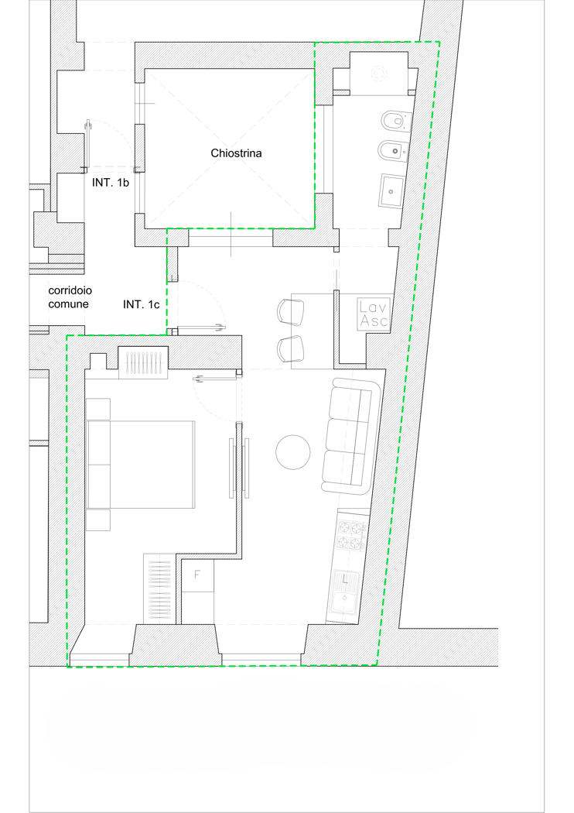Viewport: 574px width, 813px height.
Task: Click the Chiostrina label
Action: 236,153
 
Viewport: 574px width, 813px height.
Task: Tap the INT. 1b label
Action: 111,183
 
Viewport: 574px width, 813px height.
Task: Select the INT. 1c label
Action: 141,305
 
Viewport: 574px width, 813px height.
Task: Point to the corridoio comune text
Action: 70,297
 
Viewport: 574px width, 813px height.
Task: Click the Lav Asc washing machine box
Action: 373,314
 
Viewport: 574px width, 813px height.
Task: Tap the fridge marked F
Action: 196,575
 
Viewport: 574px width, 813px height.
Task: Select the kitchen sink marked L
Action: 344,596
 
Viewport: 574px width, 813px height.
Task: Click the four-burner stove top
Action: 350,537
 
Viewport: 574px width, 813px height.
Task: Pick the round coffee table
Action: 292,452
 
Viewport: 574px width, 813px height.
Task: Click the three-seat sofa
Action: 351,435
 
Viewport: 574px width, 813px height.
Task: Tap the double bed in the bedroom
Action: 141,464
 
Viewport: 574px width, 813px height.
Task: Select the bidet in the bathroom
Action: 393,152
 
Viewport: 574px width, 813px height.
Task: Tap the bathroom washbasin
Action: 391,191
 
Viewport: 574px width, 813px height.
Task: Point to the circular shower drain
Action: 379,73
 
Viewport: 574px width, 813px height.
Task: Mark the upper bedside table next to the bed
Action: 98,409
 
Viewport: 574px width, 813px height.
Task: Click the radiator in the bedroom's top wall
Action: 143,362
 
